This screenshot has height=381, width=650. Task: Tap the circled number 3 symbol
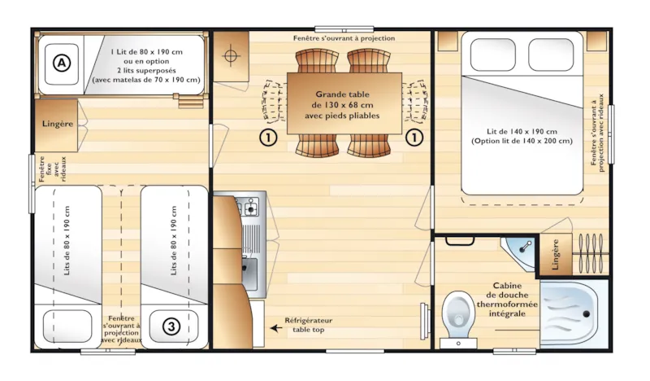tap(171, 326)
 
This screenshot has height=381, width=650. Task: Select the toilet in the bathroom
tap(461, 314)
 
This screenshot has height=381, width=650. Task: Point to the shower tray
tap(574, 314)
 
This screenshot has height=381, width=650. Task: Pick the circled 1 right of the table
tap(415, 137)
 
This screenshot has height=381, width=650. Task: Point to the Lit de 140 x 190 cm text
tap(522, 136)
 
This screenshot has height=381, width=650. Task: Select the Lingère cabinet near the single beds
tap(56, 124)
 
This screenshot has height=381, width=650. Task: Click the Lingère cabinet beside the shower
tap(556, 255)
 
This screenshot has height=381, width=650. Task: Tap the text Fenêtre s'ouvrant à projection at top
tap(344, 38)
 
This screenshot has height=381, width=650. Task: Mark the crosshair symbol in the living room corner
tap(230, 56)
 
